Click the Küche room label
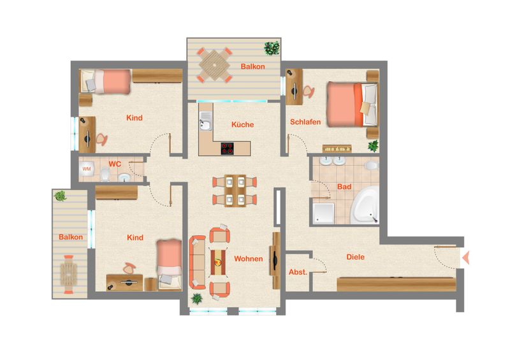click(x=243, y=124)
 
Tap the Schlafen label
click(x=305, y=122)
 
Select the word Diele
click(x=355, y=257)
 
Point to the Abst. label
click(x=298, y=272)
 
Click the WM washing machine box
click(x=87, y=169)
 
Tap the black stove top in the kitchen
click(x=227, y=148)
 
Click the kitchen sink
click(x=205, y=121)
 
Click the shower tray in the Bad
click(x=324, y=213)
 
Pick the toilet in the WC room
click(x=105, y=174)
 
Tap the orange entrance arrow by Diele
click(x=466, y=257)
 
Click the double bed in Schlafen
click(x=353, y=104)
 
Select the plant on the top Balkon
click(x=272, y=48)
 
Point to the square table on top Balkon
click(x=215, y=65)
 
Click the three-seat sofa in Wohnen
click(x=198, y=263)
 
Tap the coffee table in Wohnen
click(x=218, y=262)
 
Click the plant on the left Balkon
click(x=61, y=196)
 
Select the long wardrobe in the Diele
click(x=396, y=284)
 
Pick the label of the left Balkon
click(x=71, y=237)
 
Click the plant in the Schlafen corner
click(x=374, y=146)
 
